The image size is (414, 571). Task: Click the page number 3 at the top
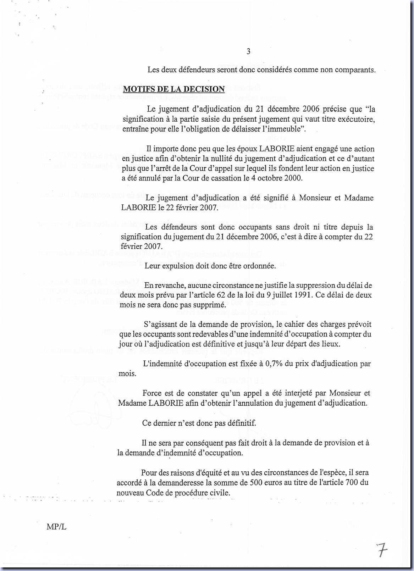(x=248, y=51)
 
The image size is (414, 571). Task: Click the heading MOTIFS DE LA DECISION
(x=174, y=89)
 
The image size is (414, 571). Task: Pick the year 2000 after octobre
(x=293, y=178)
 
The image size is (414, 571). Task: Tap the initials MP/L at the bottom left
(x=56, y=527)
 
